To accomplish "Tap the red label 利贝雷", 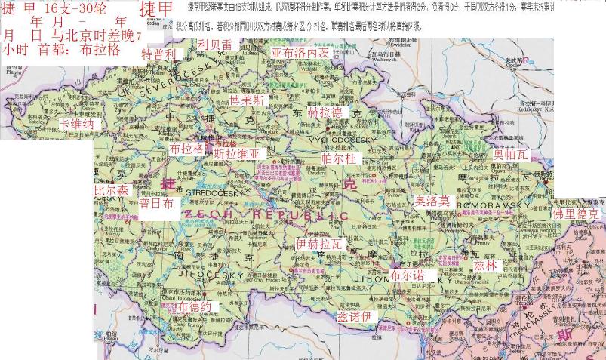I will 215,45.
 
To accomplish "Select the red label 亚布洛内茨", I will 300,54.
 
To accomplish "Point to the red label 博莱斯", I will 248,100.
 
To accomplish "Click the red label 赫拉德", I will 325,112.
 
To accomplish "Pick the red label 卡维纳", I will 77,123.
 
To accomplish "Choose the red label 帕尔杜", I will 339,158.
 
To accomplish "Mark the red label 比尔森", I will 111,191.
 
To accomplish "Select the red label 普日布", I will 157,203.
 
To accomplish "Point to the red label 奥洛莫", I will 432,201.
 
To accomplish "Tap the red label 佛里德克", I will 578,214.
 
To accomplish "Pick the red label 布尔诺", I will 408,276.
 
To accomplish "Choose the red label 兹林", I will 487,266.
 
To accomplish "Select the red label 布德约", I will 189,307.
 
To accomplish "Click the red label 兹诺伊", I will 355,316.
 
